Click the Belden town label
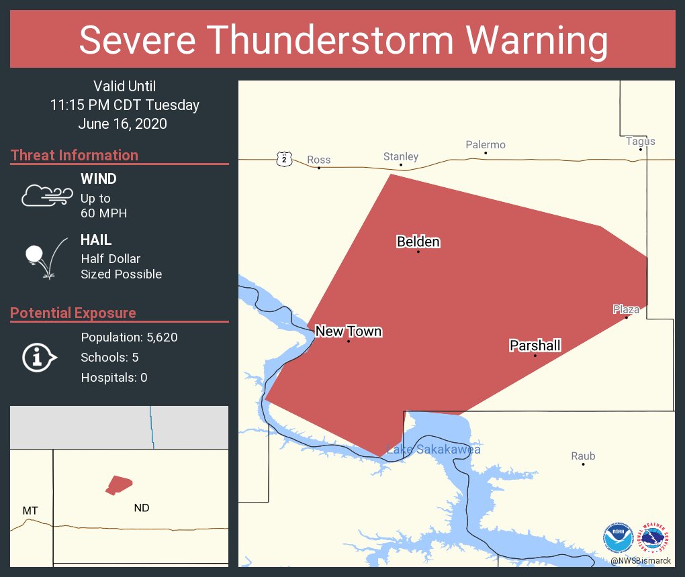click(418, 242)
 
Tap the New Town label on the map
click(349, 331)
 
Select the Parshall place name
click(535, 346)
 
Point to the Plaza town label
click(626, 309)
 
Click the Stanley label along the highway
click(401, 156)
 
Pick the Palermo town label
click(486, 145)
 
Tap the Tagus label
click(640, 141)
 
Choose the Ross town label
click(319, 160)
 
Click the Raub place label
click(583, 456)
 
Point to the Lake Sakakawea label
click(433, 450)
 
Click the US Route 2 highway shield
click(285, 159)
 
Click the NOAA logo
click(618, 537)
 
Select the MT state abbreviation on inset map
click(30, 511)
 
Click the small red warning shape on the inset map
click(119, 484)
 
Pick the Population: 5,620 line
click(129, 337)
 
